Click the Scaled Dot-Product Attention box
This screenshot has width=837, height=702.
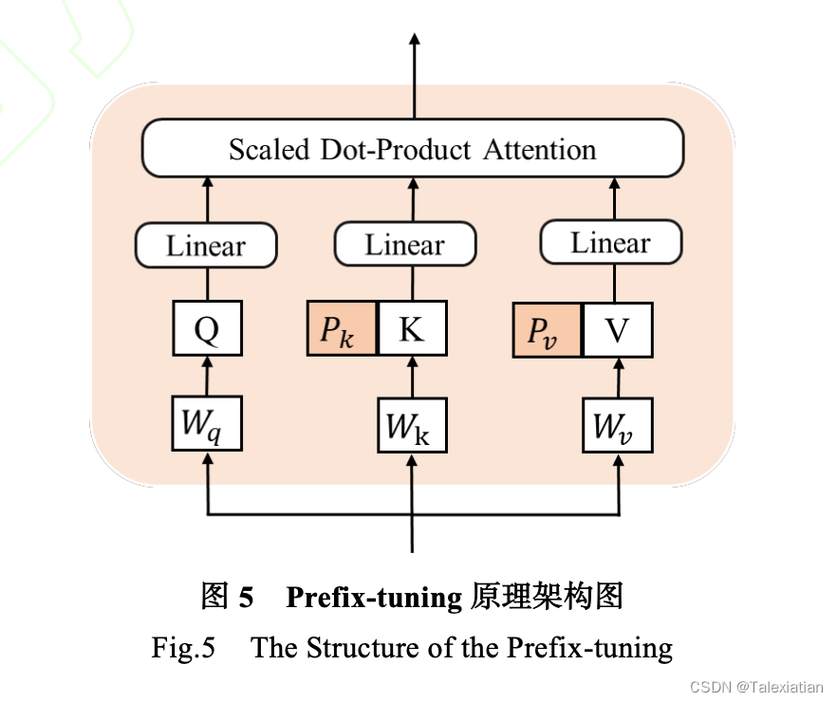412,150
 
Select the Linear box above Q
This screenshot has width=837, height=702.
206,247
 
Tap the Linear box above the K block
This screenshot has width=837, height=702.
404,246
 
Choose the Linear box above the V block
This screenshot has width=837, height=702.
610,243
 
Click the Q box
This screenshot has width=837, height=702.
206,330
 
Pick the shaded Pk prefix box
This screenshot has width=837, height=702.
342,330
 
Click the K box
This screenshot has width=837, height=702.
412,330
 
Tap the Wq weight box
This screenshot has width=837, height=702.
206,425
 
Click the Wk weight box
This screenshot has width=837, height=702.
412,427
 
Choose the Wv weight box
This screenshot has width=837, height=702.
618,427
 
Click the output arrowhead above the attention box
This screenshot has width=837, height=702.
414,40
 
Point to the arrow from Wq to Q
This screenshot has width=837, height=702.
206,379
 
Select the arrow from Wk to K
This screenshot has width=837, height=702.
412,379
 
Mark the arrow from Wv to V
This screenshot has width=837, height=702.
618,379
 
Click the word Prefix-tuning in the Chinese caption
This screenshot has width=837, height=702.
373,597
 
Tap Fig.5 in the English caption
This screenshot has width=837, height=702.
183,648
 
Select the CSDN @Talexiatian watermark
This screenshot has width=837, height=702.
756,686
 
